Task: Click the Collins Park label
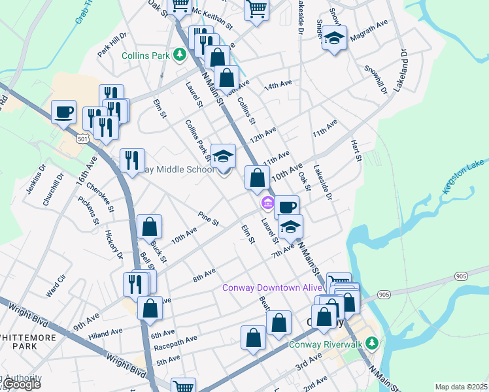tap(145, 56)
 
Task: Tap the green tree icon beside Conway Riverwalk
tap(372, 343)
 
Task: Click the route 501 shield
tap(82, 139)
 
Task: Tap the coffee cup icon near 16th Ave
tap(63, 112)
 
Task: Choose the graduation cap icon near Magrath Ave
tap(334, 39)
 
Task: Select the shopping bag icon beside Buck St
tap(150, 228)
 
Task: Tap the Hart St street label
tap(357, 150)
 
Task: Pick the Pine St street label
tap(209, 218)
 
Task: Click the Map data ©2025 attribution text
tap(461, 387)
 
